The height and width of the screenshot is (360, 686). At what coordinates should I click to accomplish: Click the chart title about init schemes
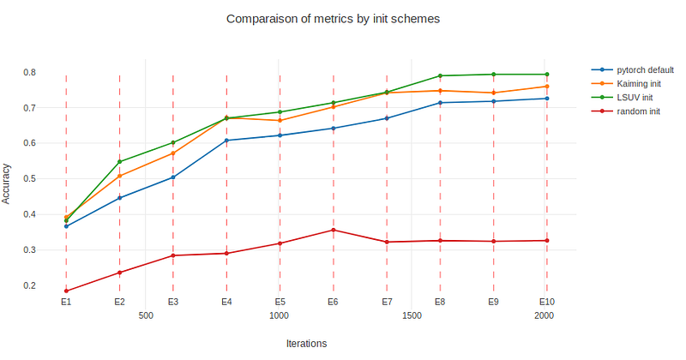click(x=333, y=18)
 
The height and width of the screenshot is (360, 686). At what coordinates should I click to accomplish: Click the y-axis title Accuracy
click(x=7, y=183)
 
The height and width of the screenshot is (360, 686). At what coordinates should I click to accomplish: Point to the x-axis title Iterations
click(x=306, y=343)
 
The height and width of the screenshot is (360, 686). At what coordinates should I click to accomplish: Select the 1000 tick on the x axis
click(x=279, y=316)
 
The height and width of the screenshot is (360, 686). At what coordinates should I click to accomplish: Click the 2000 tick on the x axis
click(x=544, y=316)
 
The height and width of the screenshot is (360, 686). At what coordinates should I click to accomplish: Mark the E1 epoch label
click(x=66, y=303)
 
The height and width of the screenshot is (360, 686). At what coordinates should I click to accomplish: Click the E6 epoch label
click(x=333, y=303)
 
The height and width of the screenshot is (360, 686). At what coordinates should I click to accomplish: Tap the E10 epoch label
click(x=547, y=303)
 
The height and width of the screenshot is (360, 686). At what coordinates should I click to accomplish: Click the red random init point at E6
click(x=333, y=230)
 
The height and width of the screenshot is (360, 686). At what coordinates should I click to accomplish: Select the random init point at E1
click(x=66, y=291)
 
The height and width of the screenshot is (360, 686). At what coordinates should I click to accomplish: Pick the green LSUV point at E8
click(x=440, y=76)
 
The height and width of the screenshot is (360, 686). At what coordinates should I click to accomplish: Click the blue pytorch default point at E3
click(x=173, y=177)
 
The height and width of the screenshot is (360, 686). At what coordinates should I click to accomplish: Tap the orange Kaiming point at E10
click(x=547, y=87)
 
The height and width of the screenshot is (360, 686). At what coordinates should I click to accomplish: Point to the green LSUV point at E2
click(x=119, y=161)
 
